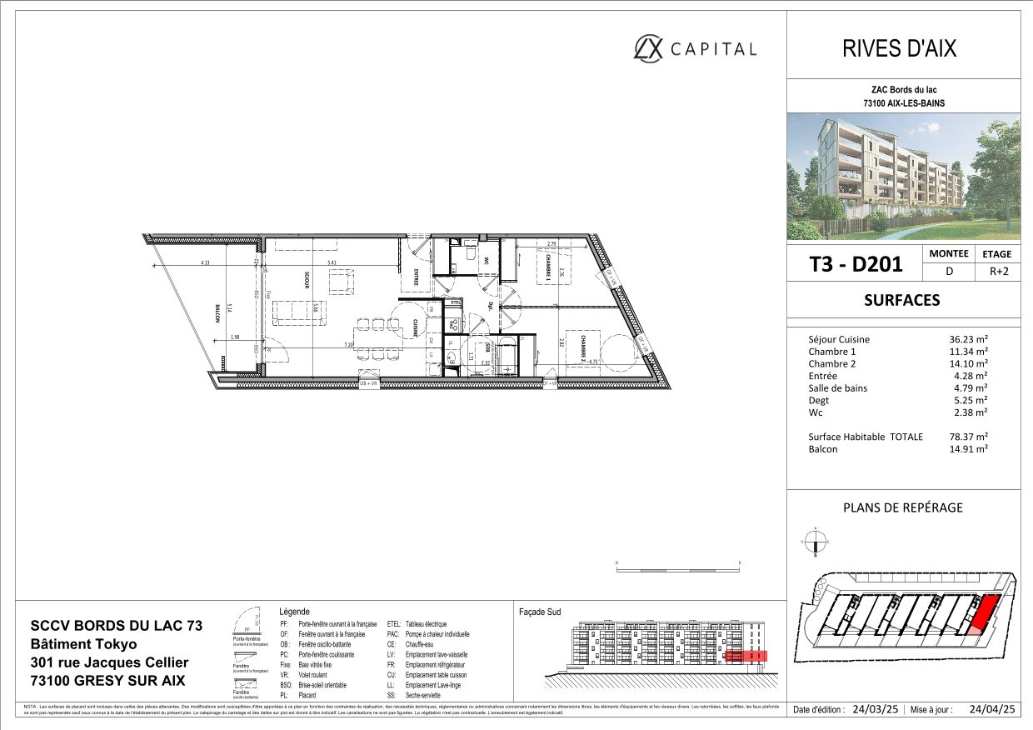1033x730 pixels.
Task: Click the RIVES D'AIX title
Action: [902, 48]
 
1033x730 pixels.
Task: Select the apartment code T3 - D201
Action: [856, 264]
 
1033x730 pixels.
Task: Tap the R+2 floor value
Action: [996, 271]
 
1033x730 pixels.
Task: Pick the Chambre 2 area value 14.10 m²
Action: [969, 364]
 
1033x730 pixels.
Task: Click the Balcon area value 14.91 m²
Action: [969, 449]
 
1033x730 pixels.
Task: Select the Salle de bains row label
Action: [837, 388]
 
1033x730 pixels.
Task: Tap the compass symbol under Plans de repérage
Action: [816, 542]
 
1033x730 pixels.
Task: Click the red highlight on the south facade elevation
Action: [746, 656]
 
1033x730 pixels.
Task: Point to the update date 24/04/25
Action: [993, 711]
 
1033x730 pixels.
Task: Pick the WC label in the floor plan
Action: [485, 260]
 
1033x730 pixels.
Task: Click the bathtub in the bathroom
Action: [507, 356]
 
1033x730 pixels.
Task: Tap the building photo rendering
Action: [904, 177]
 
